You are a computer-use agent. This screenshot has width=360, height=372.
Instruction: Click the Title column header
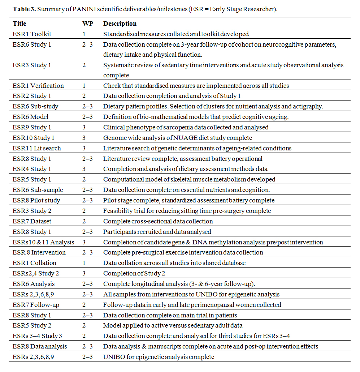[x=19, y=23]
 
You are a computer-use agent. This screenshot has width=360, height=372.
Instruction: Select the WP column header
[x=87, y=23]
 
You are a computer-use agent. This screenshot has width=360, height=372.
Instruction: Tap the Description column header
[x=120, y=23]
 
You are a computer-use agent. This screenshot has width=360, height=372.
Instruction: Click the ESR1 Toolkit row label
[x=32, y=34]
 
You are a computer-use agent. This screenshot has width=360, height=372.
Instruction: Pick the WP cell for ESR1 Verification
[x=84, y=86]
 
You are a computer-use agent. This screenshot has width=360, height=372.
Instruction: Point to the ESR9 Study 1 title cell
[x=32, y=127]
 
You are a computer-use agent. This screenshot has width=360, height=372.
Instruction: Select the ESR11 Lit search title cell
[x=37, y=148]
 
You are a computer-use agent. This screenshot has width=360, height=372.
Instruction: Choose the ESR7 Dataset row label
[x=32, y=221]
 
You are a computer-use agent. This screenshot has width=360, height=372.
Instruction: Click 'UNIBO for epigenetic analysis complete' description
[x=159, y=357]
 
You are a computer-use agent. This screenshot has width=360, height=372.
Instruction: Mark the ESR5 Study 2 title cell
[x=32, y=325]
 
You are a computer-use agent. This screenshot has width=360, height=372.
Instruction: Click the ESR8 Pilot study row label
[x=36, y=200]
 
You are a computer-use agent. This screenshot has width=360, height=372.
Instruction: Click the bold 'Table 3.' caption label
[x=24, y=9]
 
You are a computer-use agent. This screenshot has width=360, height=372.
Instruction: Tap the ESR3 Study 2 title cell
[x=32, y=211]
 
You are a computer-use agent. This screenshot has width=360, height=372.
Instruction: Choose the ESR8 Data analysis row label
[x=40, y=346]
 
